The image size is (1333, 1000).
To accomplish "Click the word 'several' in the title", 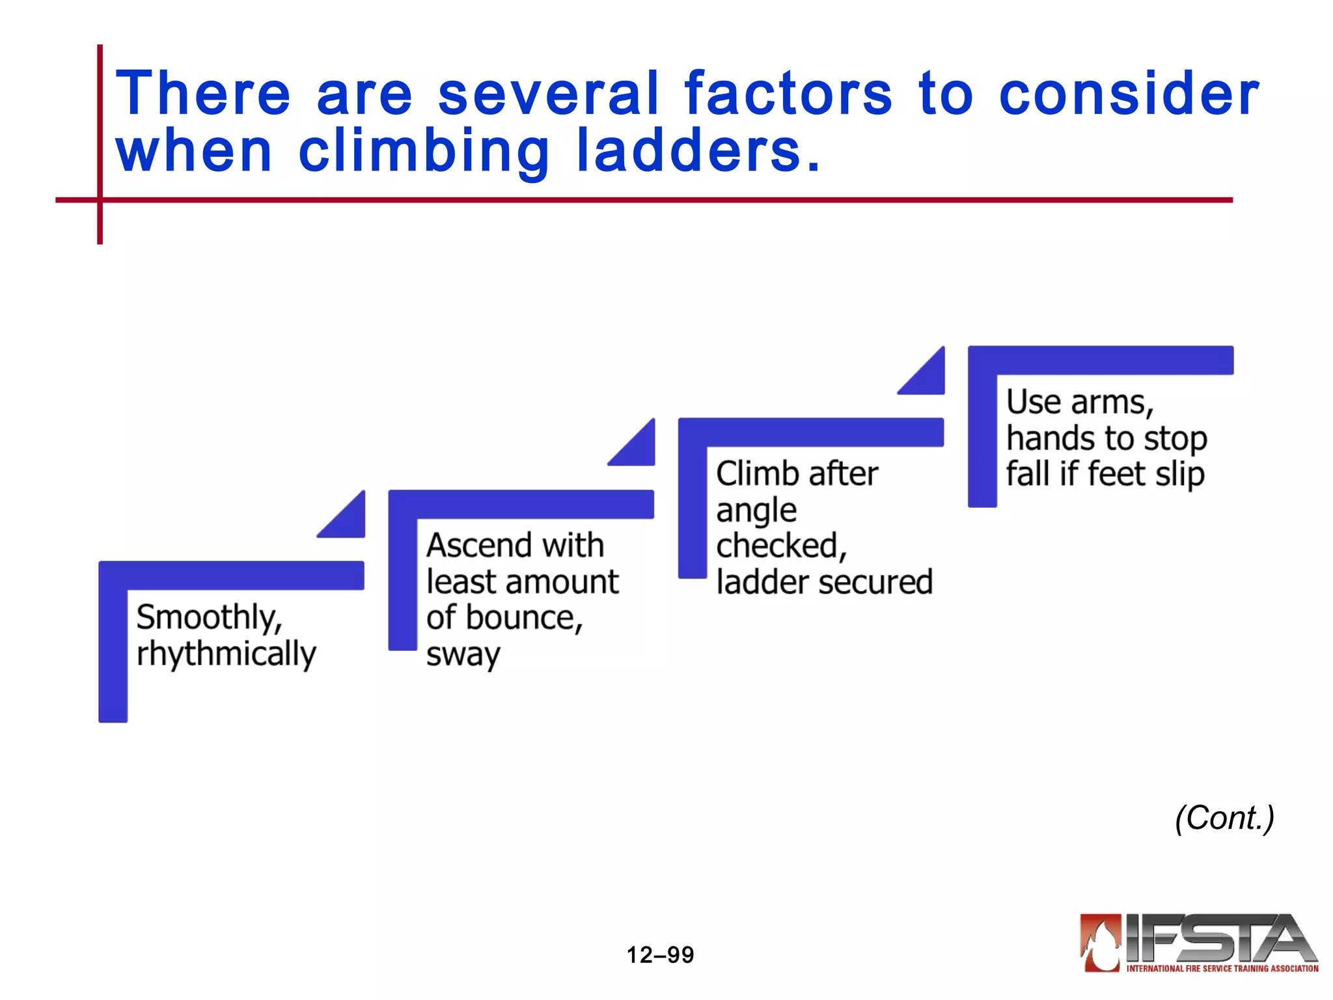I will tap(548, 94).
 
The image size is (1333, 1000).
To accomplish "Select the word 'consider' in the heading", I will tap(1129, 94).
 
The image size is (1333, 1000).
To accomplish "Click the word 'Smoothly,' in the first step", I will tap(209, 617).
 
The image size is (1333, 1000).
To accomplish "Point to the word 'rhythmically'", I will tap(226, 654).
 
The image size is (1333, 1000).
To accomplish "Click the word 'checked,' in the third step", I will tap(781, 546).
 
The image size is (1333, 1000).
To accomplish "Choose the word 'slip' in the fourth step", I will tap(1179, 474).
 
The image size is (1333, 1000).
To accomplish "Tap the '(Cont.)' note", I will tap(1224, 818).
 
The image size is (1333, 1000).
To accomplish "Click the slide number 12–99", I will tap(660, 955).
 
